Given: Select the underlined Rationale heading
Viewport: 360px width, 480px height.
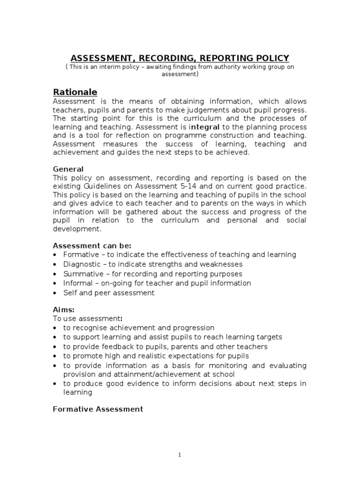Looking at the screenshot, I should (75, 92).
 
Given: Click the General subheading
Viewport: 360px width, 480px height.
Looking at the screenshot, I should (68, 169).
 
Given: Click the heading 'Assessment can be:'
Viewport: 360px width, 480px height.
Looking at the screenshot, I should (92, 246).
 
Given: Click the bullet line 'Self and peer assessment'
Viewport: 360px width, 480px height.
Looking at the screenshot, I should (109, 293).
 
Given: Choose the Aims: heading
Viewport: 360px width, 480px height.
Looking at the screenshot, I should (64, 310).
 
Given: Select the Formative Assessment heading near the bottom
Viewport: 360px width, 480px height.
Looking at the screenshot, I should (98, 409).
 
